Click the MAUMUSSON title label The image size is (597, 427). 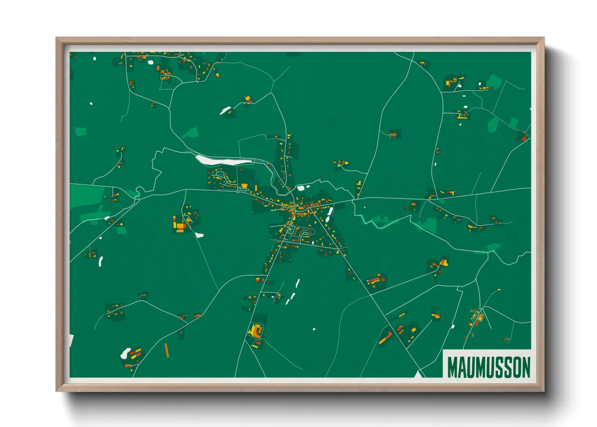click(x=488, y=367)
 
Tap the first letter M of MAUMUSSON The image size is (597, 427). click(x=453, y=367)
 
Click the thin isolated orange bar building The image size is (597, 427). click(x=167, y=350)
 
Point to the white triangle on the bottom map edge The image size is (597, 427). click(x=418, y=375)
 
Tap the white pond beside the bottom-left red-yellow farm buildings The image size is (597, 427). click(x=125, y=353)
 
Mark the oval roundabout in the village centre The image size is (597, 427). click(x=301, y=208)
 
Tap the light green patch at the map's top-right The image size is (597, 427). click(x=494, y=81)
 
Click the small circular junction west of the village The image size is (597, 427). click(x=238, y=192)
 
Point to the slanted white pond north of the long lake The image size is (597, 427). click(x=225, y=110)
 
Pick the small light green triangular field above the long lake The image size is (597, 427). click(x=191, y=132)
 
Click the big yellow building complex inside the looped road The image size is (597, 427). click(x=255, y=331)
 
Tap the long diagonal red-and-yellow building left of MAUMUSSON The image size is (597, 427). click(x=385, y=337)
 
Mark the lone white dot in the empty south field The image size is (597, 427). click(x=314, y=329)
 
